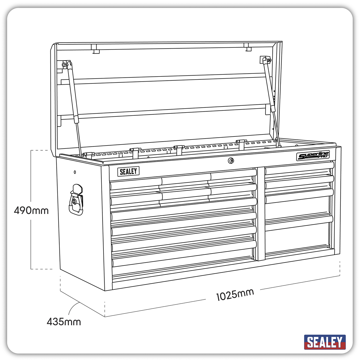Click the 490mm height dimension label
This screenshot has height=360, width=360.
pyautogui.click(x=31, y=211)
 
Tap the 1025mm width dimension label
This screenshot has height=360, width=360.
pyautogui.click(x=235, y=295)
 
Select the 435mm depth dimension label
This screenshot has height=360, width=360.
pyautogui.click(x=64, y=322)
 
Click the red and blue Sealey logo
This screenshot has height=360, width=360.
pyautogui.click(x=325, y=342)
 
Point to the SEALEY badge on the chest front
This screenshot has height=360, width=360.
pyautogui.click(x=128, y=171)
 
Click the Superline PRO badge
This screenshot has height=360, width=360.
pyautogui.click(x=313, y=156)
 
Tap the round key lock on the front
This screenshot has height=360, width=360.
pyautogui.click(x=231, y=161)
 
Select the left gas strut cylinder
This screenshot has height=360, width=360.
pyautogui.click(x=73, y=93)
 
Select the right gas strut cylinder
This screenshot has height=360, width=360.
pyautogui.click(x=269, y=85)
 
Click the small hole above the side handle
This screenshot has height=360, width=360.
pyautogui.click(x=75, y=172)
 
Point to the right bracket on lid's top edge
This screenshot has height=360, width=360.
pyautogui.click(x=247, y=47)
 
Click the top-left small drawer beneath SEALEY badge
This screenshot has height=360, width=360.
pyautogui.click(x=136, y=184)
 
